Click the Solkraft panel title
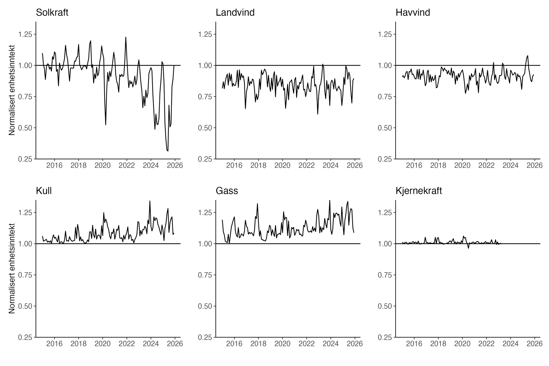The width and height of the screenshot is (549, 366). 52,13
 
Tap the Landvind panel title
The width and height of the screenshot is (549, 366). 235,13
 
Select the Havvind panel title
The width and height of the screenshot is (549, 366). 413,13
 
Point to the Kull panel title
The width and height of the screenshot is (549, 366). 44,191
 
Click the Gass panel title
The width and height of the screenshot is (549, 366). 227,191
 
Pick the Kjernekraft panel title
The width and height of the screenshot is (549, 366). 419,191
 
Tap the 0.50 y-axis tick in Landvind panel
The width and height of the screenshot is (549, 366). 205,128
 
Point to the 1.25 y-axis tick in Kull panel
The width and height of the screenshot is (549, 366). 25,213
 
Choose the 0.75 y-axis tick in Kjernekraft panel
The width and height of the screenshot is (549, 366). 385,275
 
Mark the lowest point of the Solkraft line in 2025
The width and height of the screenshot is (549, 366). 168,151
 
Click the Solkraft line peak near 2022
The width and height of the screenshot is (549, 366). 126,37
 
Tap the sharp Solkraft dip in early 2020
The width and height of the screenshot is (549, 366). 106,125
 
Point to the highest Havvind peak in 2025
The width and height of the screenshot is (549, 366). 528,55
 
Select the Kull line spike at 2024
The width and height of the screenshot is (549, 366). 150,201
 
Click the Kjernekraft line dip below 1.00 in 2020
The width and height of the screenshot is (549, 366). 468,248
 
